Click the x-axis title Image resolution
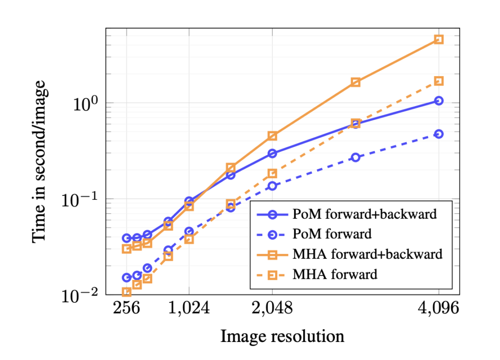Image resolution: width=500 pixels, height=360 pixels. pos(282,337)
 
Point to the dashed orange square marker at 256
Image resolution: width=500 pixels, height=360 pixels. pos(126,292)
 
